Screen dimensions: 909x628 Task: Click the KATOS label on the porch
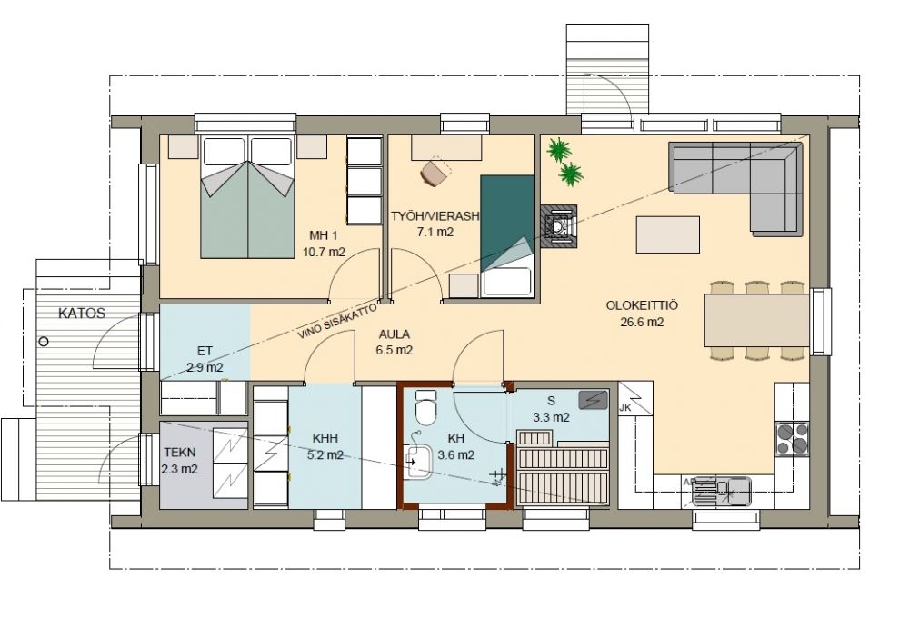82,314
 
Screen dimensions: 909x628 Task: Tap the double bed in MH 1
247,196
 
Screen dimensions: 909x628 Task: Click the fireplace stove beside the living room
559,226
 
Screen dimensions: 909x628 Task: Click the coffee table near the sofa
668,234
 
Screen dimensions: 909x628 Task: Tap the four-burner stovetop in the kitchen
793,438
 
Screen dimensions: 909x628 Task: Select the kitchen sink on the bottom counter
722,491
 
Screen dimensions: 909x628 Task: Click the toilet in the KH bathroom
426,408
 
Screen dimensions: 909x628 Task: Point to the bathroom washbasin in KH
417,462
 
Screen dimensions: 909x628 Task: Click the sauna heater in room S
593,400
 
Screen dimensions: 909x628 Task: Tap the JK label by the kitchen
625,408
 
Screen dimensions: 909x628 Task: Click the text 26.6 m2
642,323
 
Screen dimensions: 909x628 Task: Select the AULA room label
395,334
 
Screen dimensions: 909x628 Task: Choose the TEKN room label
180,453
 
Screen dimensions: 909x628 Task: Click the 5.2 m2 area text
325,455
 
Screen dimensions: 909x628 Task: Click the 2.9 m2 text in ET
205,367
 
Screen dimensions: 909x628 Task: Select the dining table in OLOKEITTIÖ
756,320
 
